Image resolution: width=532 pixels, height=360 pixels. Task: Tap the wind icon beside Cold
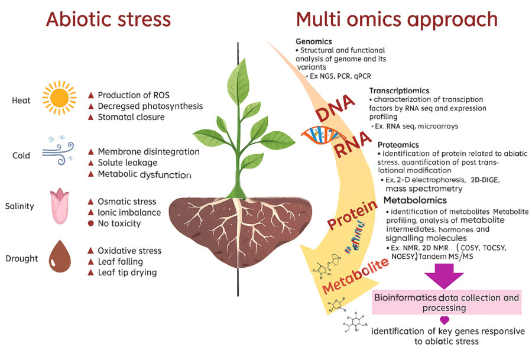tap(57, 151)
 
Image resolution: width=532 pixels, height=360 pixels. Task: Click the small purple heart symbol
tap(445, 320)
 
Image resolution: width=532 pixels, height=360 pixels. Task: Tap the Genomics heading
tap(314, 41)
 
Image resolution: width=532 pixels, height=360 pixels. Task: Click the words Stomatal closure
tap(131, 117)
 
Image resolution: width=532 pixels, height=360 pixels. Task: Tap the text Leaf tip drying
tap(127, 272)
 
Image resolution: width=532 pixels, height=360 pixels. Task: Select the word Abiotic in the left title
tap(79, 19)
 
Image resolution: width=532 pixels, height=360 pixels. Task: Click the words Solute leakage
tap(127, 163)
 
